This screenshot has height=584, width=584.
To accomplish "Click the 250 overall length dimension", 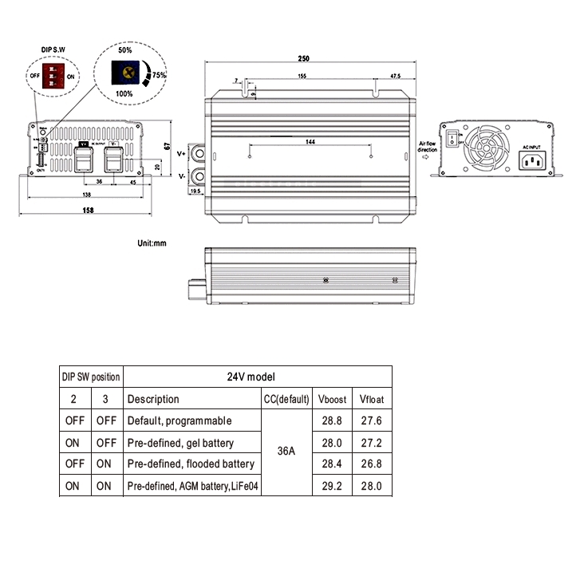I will click(304, 58).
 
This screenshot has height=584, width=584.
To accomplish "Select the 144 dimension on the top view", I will click(310, 141).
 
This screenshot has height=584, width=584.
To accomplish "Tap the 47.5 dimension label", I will click(395, 76).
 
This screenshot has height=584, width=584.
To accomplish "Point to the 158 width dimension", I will click(88, 211).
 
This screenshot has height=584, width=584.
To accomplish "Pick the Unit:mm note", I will click(152, 241).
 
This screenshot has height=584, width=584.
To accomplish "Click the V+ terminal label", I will click(181, 152).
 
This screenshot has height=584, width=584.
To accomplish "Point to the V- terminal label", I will click(181, 175).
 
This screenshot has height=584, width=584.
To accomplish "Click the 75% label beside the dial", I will click(159, 75).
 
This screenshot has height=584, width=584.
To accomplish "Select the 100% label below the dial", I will click(124, 94).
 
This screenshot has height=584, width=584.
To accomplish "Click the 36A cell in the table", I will click(286, 451).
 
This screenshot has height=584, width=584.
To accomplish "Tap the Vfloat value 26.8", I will click(371, 464).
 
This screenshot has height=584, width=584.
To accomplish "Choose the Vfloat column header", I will click(371, 399).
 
